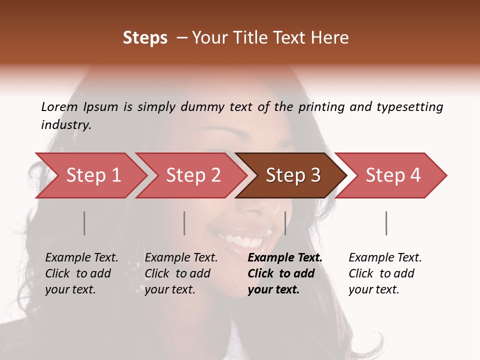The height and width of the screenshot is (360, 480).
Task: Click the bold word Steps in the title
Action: point(145,38)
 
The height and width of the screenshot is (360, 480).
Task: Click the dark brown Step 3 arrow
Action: point(293,175)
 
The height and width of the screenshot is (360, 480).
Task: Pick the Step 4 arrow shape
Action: point(393,175)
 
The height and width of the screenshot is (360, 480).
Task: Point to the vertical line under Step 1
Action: point(84,223)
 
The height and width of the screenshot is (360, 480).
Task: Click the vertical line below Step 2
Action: point(184,223)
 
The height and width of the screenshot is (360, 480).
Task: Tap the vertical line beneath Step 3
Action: point(285,223)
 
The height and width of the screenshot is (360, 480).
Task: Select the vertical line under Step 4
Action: point(386,223)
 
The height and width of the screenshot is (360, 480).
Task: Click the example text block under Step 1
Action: point(81,273)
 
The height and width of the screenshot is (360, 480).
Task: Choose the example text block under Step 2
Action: point(181,273)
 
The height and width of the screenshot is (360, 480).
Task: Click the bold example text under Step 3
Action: point(285,273)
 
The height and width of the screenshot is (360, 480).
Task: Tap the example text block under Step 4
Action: point(385,273)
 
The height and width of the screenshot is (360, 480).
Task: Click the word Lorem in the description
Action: point(58,106)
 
